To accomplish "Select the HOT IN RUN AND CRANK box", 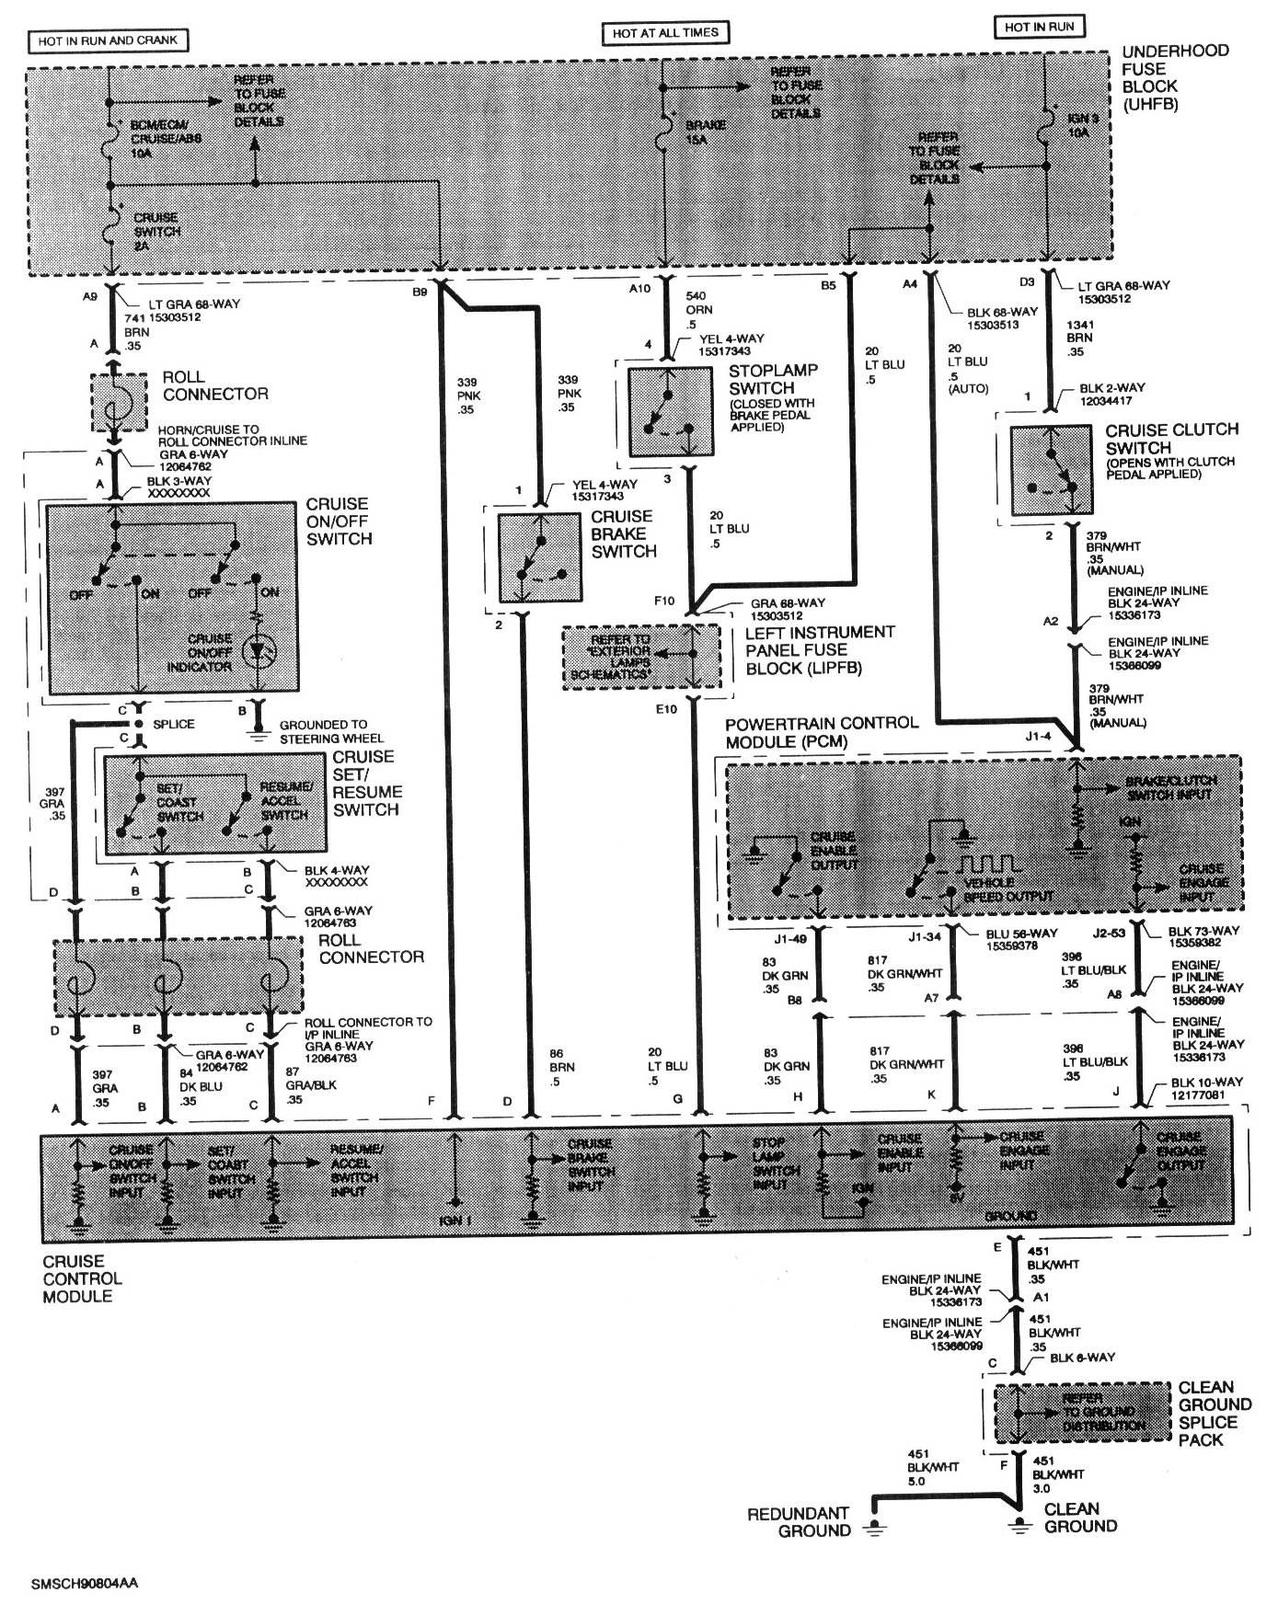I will (109, 40).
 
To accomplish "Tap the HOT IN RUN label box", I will (1039, 27).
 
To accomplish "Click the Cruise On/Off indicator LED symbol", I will (259, 649).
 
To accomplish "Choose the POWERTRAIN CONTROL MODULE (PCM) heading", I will (821, 731).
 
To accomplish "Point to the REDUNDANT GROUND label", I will (799, 1521).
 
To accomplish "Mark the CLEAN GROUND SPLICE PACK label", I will (1215, 1413).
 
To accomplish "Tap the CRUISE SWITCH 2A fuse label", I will (157, 225).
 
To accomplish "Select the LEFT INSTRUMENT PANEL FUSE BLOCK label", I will (809, 649).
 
